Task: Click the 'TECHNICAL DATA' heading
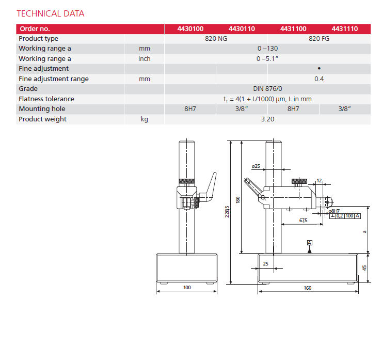point(50,13)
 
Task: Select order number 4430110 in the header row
point(242,29)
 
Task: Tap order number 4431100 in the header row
point(293,29)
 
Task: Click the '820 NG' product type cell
point(216,39)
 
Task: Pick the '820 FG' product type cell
point(319,39)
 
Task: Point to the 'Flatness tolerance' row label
point(46,99)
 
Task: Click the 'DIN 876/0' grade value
point(267,89)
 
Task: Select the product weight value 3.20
point(267,119)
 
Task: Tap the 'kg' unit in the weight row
point(145,119)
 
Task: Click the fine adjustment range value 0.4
point(319,79)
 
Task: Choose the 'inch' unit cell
point(145,59)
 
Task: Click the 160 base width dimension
point(308,288)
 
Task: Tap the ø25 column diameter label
point(256,166)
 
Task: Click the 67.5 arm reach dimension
point(303,221)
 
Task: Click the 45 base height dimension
point(364,268)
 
